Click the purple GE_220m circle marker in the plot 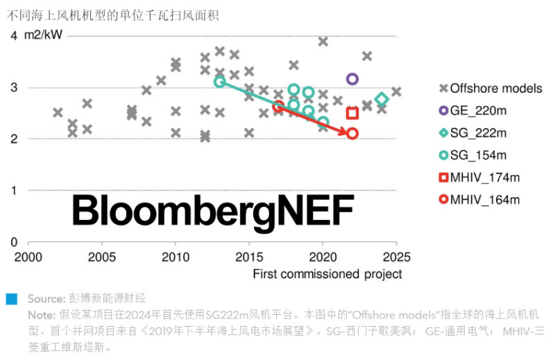(x=352, y=79)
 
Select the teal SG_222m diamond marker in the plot (x=381, y=100)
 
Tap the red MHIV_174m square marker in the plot (x=352, y=113)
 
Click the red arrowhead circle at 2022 (x=352, y=133)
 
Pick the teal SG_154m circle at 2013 (x=219, y=82)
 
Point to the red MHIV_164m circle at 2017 (x=278, y=106)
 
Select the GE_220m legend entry (x=479, y=110)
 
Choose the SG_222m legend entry (x=479, y=132)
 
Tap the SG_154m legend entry (x=479, y=155)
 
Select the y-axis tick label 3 (x=14, y=87)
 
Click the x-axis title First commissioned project (x=327, y=274)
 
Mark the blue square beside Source (x=10, y=299)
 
